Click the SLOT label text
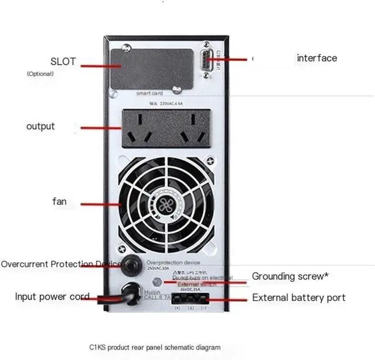coord(63,61)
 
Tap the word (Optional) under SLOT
coord(40,74)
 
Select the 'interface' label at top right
coord(317,58)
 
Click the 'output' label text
coord(40,126)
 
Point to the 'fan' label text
coord(59,202)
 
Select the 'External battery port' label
coord(299,298)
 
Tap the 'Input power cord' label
coord(52,297)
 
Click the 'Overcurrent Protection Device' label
coord(61,264)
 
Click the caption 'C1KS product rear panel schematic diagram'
coord(155,347)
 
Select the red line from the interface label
coord(234,59)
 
